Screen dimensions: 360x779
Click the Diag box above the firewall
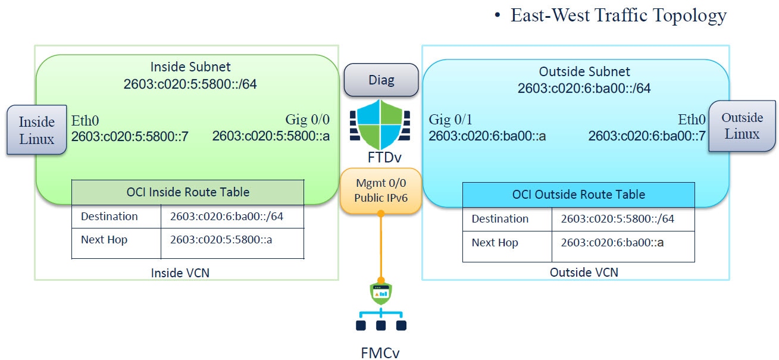point(381,80)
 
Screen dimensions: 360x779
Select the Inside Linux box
point(36,130)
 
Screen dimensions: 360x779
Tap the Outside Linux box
point(742,126)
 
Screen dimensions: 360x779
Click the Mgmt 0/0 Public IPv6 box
point(381,191)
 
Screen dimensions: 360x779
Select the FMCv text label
point(381,352)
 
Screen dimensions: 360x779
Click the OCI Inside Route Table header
point(187,192)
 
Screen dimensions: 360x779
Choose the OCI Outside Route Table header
point(578,195)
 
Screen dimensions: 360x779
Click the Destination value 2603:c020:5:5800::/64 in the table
point(617,219)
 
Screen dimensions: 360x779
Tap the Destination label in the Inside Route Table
point(109,217)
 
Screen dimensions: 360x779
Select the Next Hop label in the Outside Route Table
point(495,243)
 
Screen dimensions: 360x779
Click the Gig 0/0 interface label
point(307,121)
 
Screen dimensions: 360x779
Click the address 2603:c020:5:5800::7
point(130,137)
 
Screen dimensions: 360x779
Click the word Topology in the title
point(687,15)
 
